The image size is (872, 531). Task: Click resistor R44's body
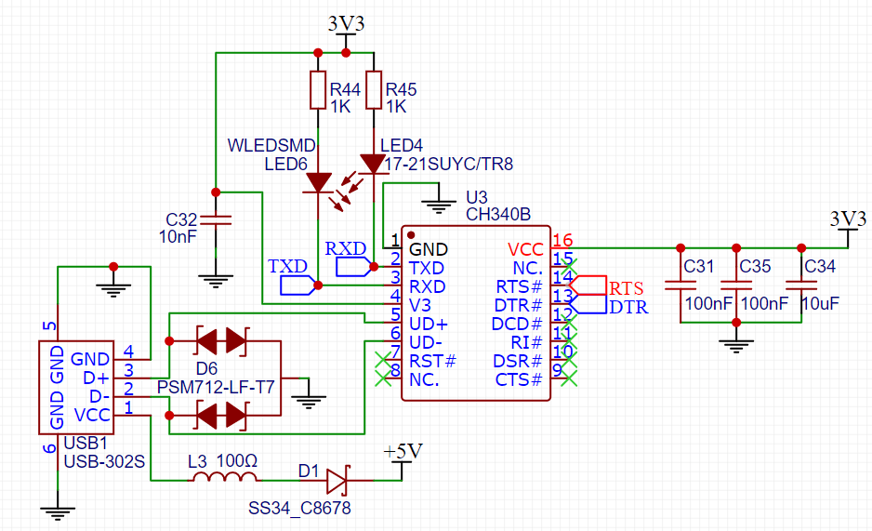(318, 90)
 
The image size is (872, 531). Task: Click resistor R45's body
(374, 90)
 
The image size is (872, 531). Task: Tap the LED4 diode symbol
(374, 165)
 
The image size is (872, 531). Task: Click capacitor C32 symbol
(216, 221)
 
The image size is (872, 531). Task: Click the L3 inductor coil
(224, 478)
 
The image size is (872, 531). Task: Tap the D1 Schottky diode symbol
(337, 480)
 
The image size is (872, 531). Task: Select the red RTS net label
(626, 285)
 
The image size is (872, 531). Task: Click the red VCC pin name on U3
(525, 249)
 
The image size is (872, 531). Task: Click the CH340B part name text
(498, 214)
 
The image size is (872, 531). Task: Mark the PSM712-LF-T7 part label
(216, 386)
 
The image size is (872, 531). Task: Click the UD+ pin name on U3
(429, 324)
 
